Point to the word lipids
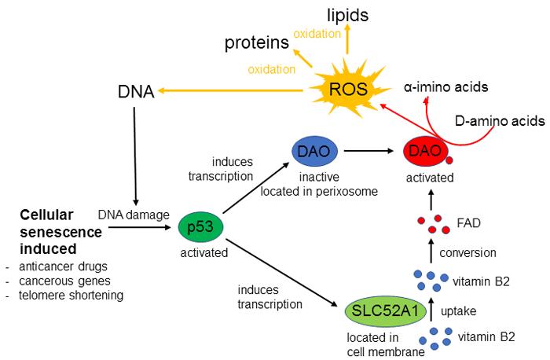coord(348,15)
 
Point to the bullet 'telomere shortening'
coord(70,295)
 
